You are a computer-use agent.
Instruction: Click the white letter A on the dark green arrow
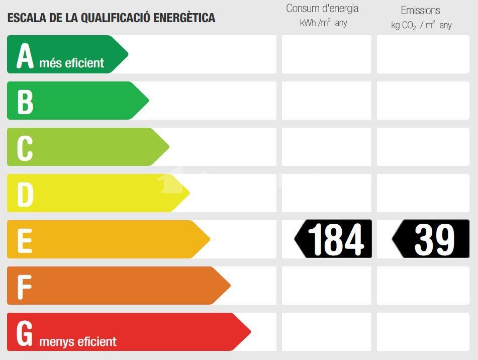[x=25, y=56]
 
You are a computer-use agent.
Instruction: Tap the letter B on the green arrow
[x=25, y=101]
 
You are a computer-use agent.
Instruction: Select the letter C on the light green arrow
[x=25, y=147]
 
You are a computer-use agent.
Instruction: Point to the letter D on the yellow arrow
[x=25, y=194]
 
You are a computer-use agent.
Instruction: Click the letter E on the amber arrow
[x=25, y=240]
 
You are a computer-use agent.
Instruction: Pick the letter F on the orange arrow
[x=24, y=286]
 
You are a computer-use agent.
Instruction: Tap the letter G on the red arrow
[x=25, y=332]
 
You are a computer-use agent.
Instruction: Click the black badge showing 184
[x=334, y=239]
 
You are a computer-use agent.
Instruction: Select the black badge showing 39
[x=431, y=239]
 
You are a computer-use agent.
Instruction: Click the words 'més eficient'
[x=71, y=63]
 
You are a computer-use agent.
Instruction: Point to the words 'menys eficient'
[x=77, y=342]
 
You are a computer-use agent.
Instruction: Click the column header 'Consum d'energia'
[x=322, y=9]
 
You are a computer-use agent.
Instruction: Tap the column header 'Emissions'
[x=420, y=10]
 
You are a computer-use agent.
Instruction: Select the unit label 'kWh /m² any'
[x=323, y=23]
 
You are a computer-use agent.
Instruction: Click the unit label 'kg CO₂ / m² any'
[x=421, y=25]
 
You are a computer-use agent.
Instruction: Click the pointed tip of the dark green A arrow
[x=127, y=54]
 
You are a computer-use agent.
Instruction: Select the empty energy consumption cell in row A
[x=327, y=54]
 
